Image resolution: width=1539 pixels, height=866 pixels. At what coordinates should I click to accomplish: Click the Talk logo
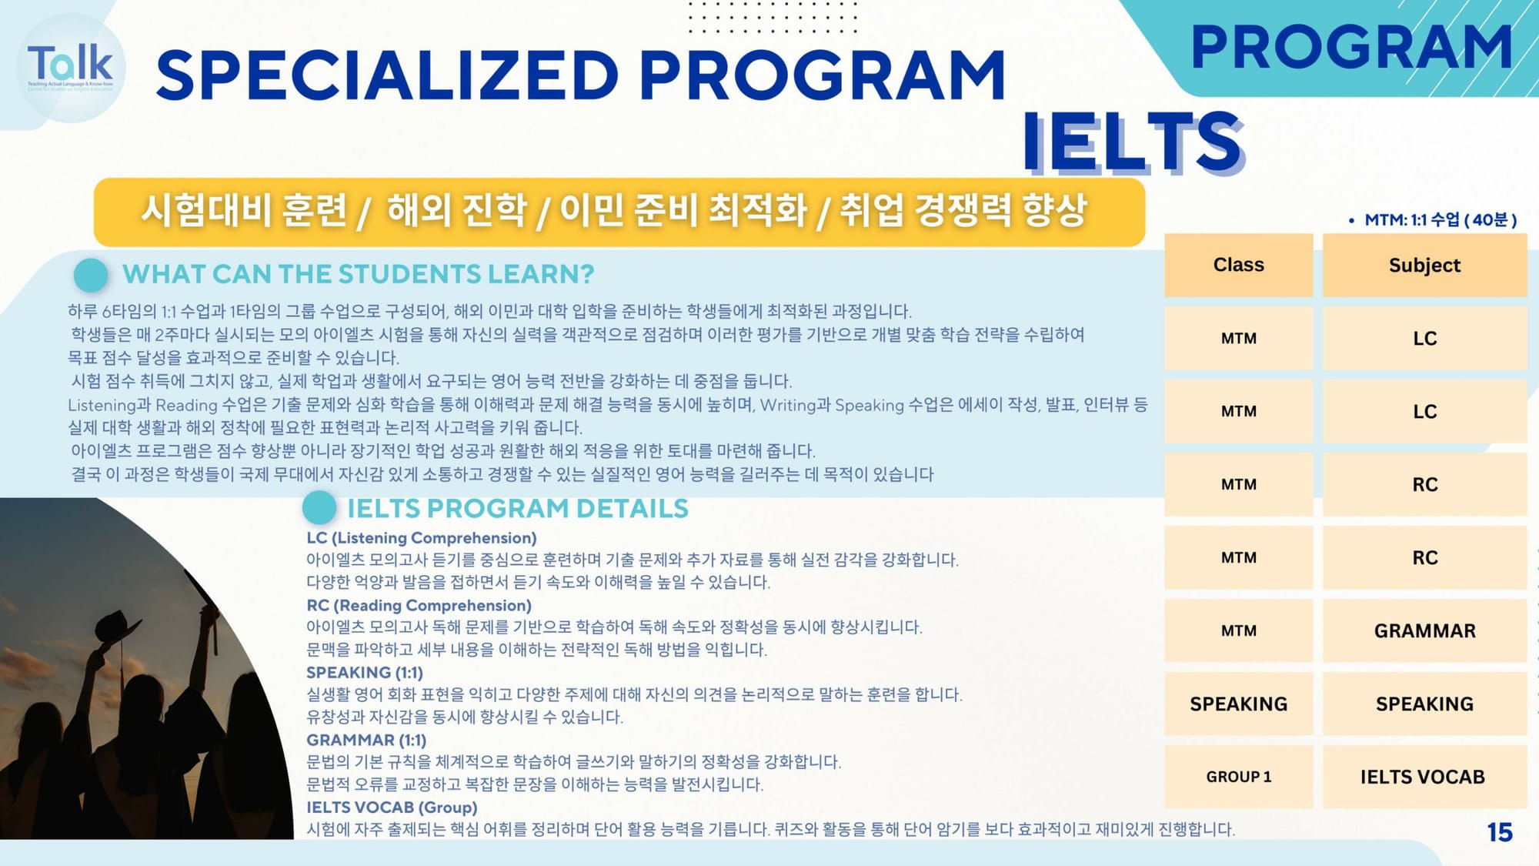click(71, 68)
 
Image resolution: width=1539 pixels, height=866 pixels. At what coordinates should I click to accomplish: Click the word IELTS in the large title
click(1133, 142)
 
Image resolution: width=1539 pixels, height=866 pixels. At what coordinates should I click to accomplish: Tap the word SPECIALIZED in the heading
click(387, 75)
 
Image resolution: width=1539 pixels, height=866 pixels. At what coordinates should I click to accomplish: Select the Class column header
click(1238, 265)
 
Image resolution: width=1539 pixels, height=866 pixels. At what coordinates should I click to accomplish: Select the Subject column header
click(1424, 265)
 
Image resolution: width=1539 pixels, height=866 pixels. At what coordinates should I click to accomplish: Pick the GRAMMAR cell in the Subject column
click(1424, 630)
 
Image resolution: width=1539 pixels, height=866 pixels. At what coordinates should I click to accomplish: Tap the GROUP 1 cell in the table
click(1238, 777)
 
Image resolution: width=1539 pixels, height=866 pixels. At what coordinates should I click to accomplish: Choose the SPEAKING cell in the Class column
click(1238, 704)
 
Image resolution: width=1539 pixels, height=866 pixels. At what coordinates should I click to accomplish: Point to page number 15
click(1500, 832)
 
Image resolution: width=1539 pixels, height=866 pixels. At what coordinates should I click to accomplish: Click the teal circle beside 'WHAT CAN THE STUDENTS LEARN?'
click(91, 275)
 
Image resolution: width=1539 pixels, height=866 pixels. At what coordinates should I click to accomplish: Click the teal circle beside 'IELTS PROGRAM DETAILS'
click(319, 508)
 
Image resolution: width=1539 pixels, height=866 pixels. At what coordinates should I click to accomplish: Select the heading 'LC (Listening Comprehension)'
click(422, 538)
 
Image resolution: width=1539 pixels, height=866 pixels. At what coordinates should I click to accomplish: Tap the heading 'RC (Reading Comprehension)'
click(419, 606)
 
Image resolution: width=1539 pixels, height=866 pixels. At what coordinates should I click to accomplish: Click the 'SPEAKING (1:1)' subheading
click(365, 673)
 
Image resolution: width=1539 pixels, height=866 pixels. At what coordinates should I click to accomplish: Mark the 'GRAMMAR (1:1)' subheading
click(366, 741)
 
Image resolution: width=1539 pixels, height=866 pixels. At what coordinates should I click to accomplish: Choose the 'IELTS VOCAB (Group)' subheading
click(392, 807)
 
